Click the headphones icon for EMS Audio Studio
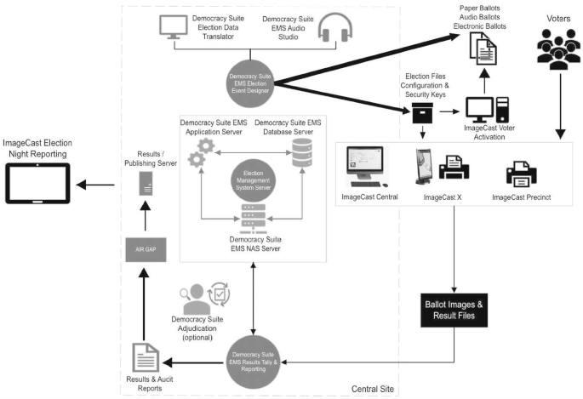[334, 31]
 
